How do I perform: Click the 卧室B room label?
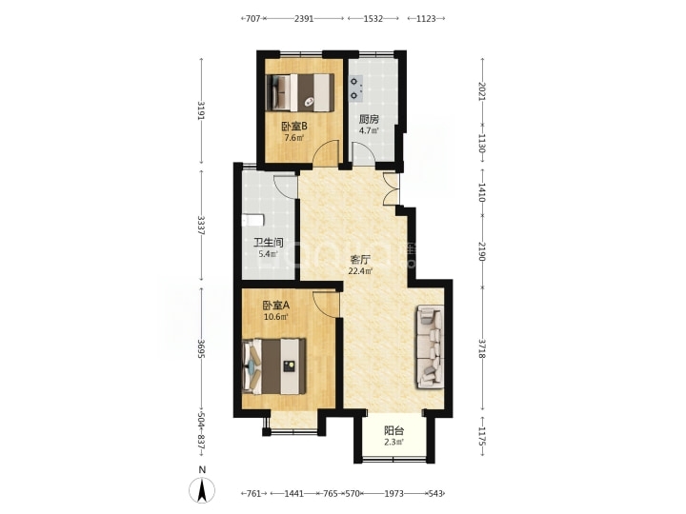click(294, 127)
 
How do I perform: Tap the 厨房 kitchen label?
click(369, 119)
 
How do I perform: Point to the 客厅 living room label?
click(360, 260)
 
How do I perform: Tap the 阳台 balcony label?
click(394, 430)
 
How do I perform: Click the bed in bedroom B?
click(300, 92)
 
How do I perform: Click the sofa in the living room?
click(431, 346)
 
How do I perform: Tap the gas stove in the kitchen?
click(356, 88)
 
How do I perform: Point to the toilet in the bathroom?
click(252, 220)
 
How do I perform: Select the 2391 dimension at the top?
click(304, 18)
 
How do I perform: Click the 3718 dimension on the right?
click(482, 348)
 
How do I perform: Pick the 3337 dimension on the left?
click(201, 225)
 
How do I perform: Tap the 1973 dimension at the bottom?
click(393, 493)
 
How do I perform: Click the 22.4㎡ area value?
click(360, 271)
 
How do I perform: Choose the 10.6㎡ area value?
click(276, 317)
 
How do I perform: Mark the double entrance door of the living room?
click(391, 188)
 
